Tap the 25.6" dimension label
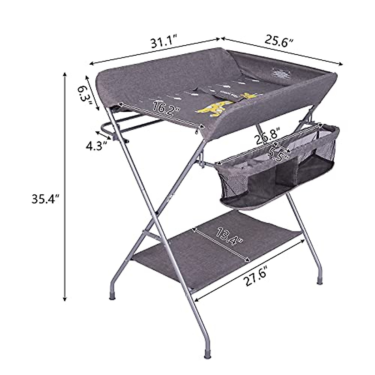point(280,40)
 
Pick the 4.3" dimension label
point(95,146)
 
